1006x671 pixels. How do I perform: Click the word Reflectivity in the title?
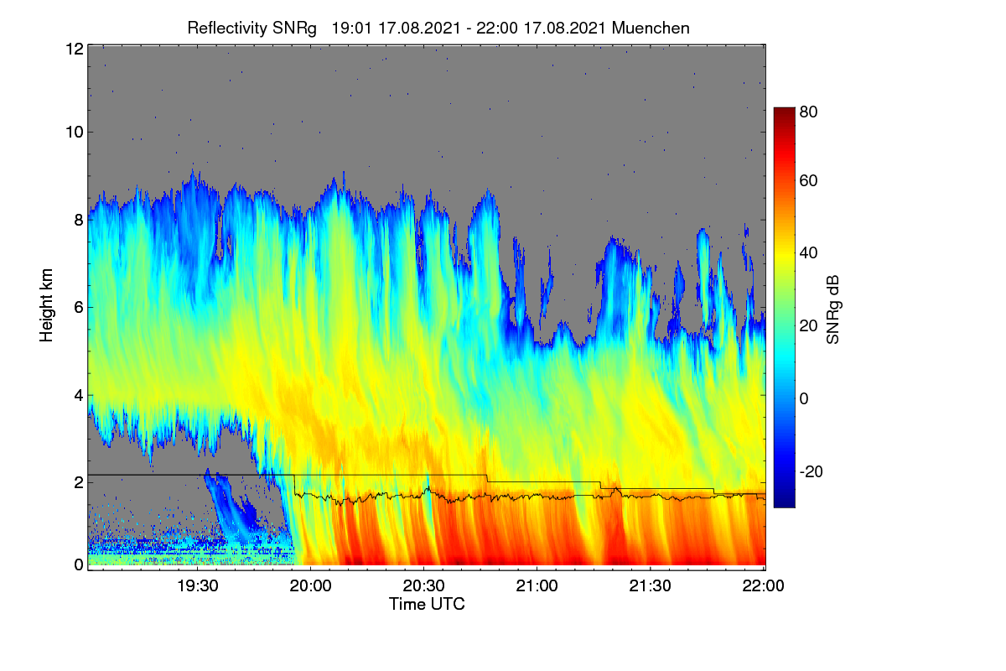227,29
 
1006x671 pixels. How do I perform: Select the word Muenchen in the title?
651,29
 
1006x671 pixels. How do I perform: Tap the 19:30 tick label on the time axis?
198,586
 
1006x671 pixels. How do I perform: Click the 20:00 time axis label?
311,586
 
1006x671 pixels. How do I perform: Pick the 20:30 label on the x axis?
424,586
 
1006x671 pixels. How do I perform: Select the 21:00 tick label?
537,586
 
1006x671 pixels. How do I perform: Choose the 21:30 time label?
651,586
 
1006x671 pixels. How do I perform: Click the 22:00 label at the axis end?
764,586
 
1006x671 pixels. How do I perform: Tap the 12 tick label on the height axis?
75,49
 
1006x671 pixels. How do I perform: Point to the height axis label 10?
75,133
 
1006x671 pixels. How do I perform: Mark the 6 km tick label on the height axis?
79,308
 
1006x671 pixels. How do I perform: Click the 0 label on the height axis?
79,564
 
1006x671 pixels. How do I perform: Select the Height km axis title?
46,305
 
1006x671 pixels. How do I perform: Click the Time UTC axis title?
427,605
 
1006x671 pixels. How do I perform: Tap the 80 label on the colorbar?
808,112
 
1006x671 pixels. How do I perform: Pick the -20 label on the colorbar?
812,472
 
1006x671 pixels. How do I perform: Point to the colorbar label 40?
808,253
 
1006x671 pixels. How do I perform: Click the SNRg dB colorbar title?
833,310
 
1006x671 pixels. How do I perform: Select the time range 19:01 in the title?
351,29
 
